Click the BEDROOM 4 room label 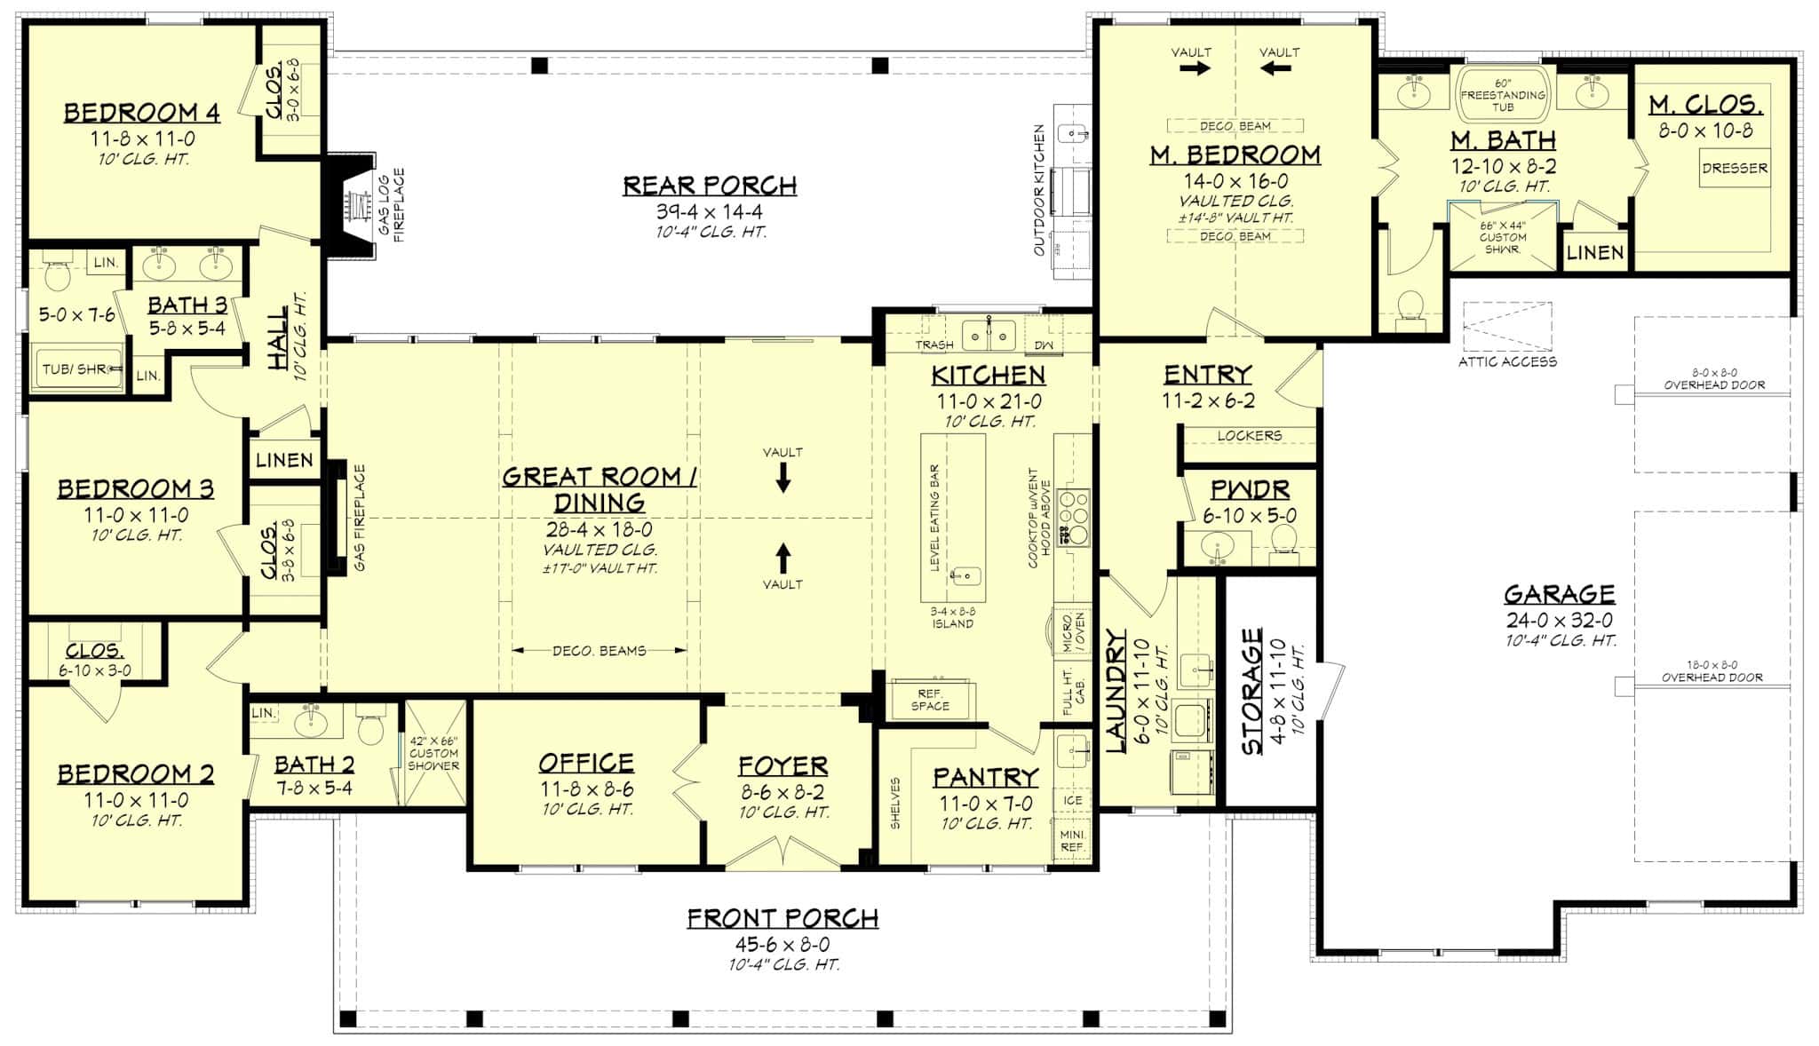point(141,113)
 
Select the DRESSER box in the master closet point(1734,168)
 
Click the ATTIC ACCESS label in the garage point(1507,361)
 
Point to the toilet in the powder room point(1283,541)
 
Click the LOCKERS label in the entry point(1249,436)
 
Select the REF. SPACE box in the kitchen point(930,700)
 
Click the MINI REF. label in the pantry point(1072,841)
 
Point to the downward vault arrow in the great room point(782,480)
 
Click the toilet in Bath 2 point(370,727)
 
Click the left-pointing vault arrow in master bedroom point(1276,67)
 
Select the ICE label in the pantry point(1072,800)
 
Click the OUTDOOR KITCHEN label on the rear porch point(1038,190)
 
